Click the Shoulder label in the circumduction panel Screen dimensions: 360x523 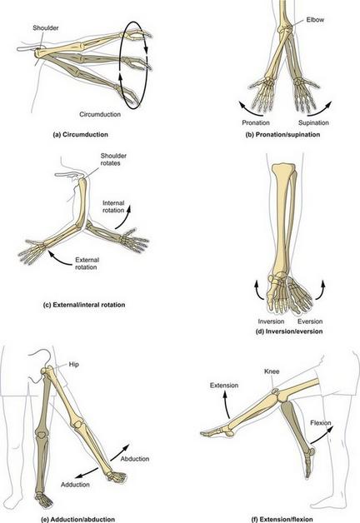coord(45,28)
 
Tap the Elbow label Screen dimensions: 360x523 coord(315,20)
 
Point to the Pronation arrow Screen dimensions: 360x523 coord(246,109)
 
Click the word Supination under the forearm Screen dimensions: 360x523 coord(313,122)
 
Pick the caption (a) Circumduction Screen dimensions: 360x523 coord(80,135)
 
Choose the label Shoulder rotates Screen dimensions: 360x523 coord(113,159)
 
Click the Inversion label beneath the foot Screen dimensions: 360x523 coord(271,321)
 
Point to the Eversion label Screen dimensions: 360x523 coord(310,321)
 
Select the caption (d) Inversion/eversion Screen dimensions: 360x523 coord(289,331)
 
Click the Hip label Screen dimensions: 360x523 coord(73,364)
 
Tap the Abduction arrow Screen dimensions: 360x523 coord(119,452)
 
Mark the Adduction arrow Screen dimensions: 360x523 coord(86,474)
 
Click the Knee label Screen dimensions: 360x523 coord(272,371)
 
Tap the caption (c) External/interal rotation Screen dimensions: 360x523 coord(84,305)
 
